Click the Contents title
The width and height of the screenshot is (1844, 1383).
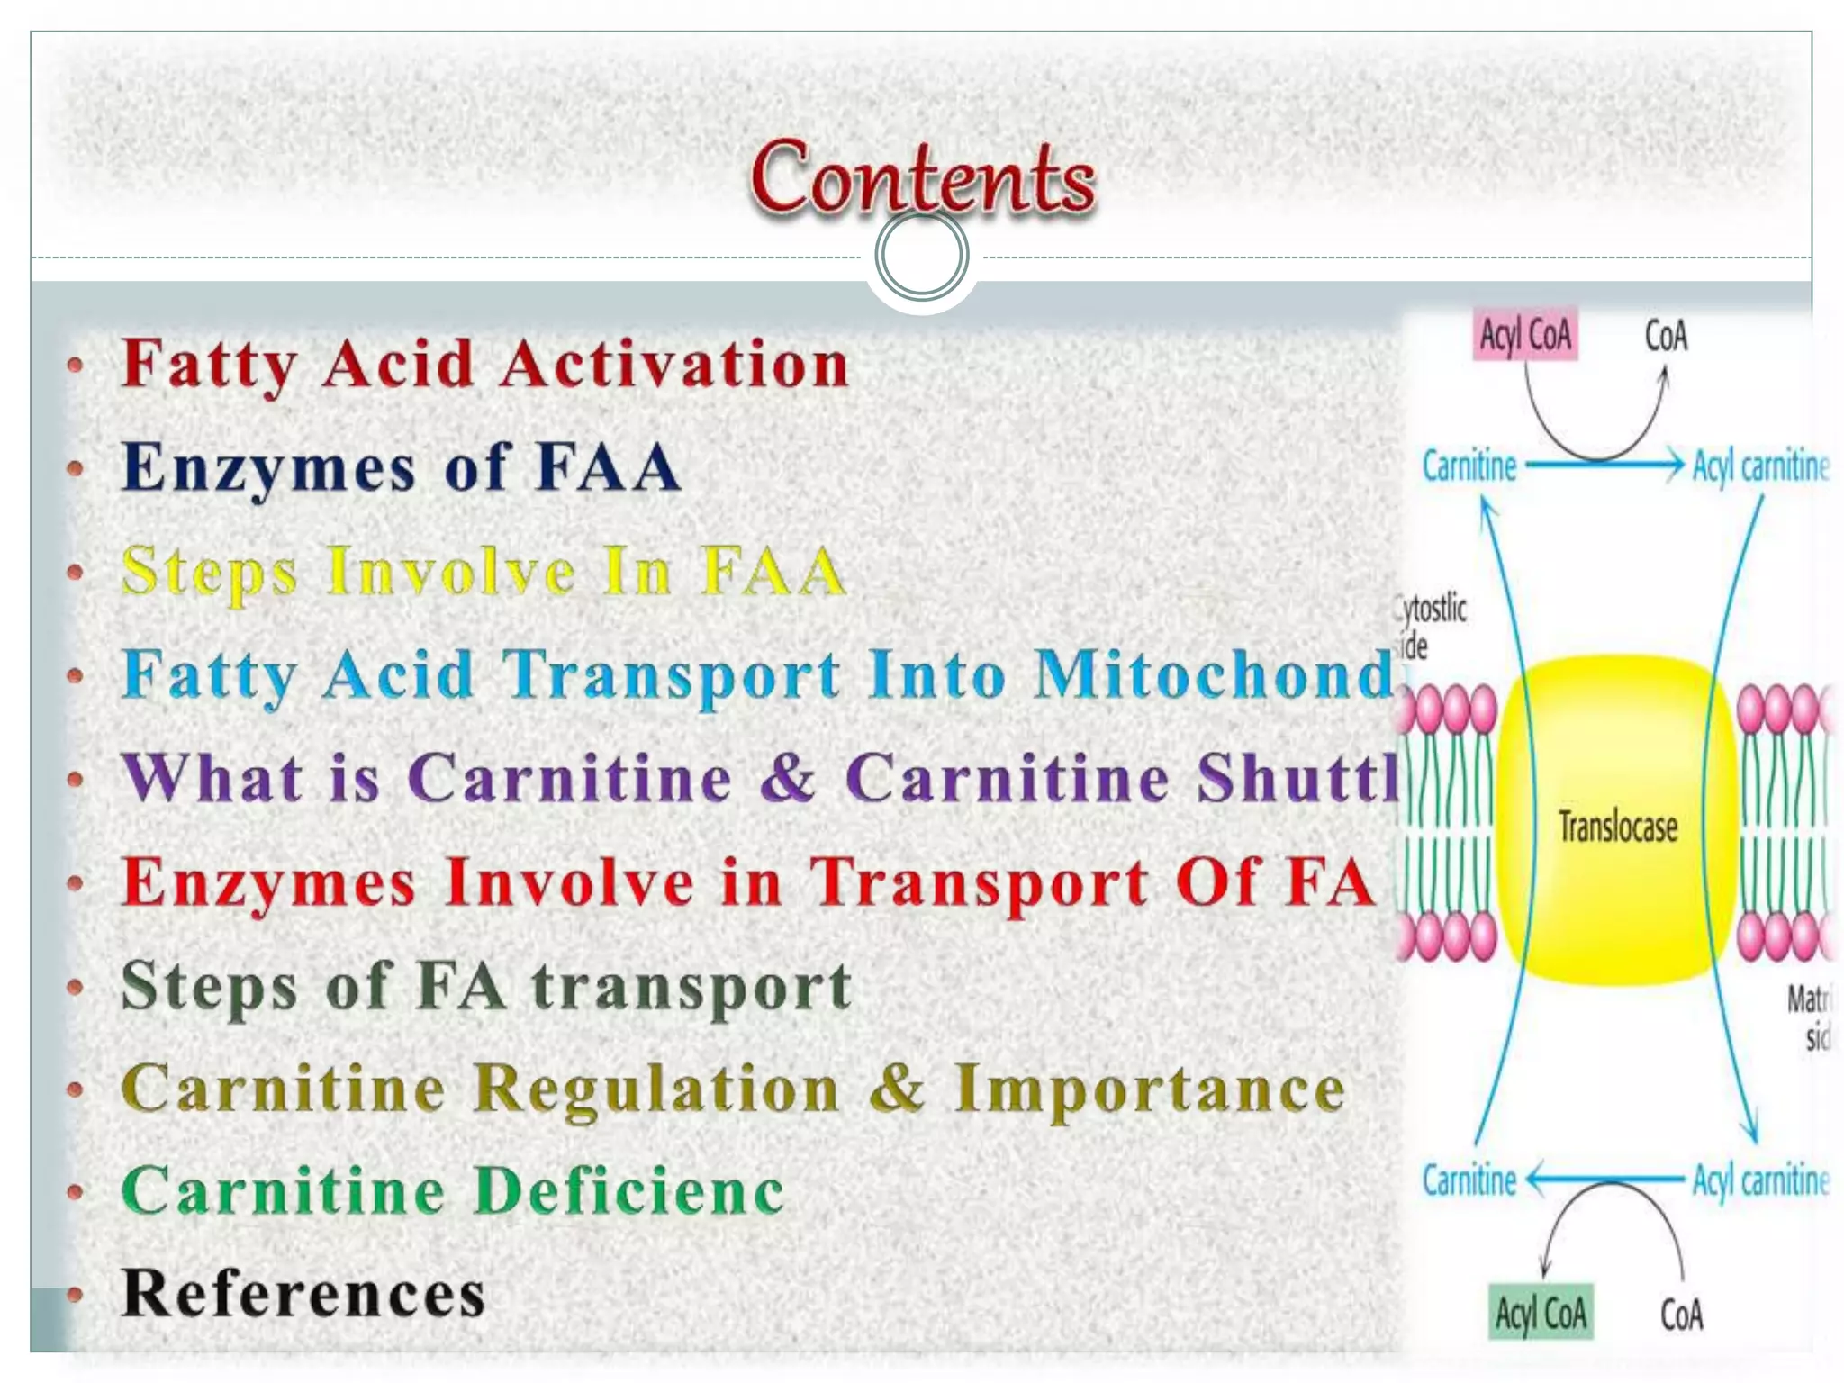(922, 178)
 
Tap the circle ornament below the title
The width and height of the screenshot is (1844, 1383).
(921, 255)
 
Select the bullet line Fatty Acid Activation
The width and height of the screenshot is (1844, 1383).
(484, 365)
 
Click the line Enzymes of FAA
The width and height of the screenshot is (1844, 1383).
(401, 468)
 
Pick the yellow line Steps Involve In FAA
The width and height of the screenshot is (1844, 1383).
(484, 572)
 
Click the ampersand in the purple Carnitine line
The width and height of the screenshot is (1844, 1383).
(788, 778)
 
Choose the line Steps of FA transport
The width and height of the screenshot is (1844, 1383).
(486, 985)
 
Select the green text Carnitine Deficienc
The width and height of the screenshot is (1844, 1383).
(452, 1191)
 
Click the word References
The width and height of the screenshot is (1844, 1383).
(303, 1294)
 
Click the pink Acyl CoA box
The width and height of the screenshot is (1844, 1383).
(1525, 336)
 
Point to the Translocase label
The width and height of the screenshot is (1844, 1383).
(1618, 827)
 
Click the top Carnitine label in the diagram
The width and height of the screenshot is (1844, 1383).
(1469, 466)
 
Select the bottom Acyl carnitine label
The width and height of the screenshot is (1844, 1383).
(1760, 1180)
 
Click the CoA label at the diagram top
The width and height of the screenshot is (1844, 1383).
(1666, 337)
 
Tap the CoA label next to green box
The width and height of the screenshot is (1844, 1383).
(1681, 1315)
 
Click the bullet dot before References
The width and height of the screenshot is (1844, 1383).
(76, 1296)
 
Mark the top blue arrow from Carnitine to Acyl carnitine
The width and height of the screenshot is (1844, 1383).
(1603, 466)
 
